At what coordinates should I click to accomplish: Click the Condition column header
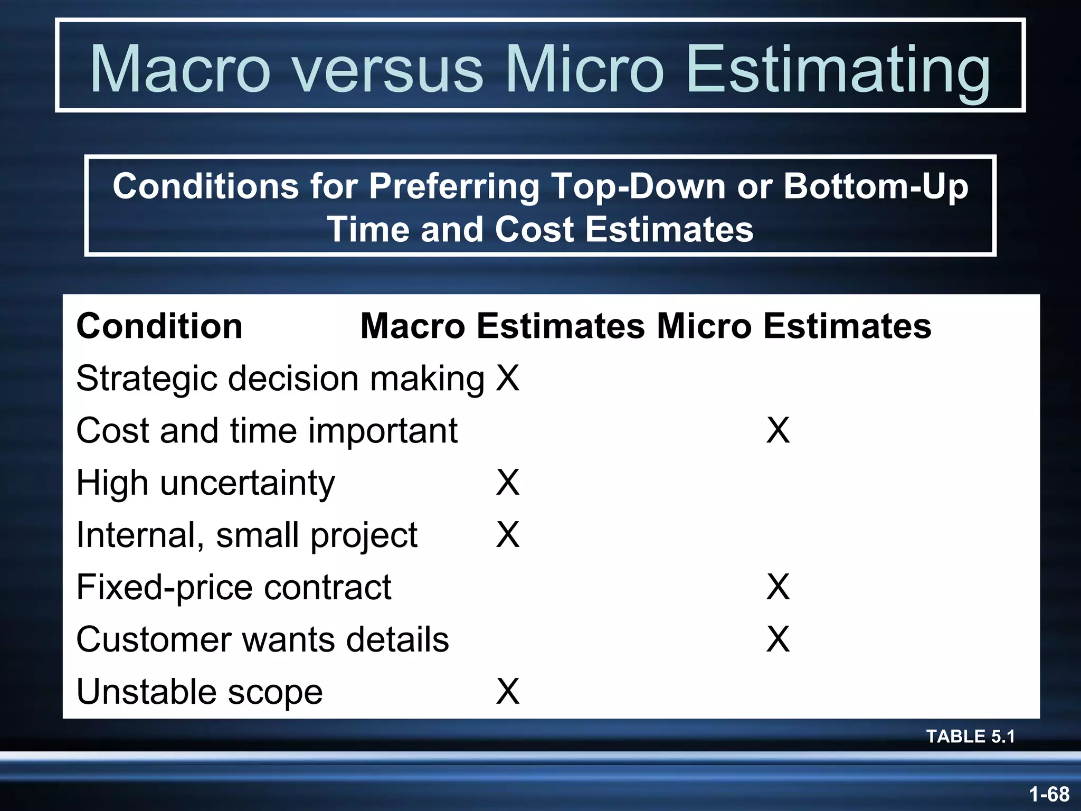pyautogui.click(x=159, y=326)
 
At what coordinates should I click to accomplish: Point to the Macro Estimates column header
pyautogui.click(x=502, y=326)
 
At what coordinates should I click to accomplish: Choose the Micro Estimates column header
pyautogui.click(x=794, y=326)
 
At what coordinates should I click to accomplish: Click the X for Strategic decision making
pyautogui.click(x=508, y=378)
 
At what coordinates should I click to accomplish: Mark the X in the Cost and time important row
pyautogui.click(x=778, y=430)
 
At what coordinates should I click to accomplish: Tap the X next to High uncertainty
pyautogui.click(x=508, y=483)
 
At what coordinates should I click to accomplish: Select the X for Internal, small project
pyautogui.click(x=508, y=535)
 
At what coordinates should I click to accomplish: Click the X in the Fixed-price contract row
pyautogui.click(x=778, y=587)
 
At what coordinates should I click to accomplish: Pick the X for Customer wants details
pyautogui.click(x=778, y=639)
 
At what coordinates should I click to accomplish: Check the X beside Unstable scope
pyautogui.click(x=508, y=692)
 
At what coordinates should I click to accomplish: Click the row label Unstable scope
pyautogui.click(x=200, y=692)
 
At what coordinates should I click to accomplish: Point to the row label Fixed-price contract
pyautogui.click(x=234, y=587)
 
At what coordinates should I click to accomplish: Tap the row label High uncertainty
pyautogui.click(x=205, y=483)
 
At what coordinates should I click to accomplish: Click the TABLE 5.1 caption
pyautogui.click(x=970, y=736)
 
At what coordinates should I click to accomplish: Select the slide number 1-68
pyautogui.click(x=1049, y=794)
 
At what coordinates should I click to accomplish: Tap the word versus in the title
pyautogui.click(x=388, y=69)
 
